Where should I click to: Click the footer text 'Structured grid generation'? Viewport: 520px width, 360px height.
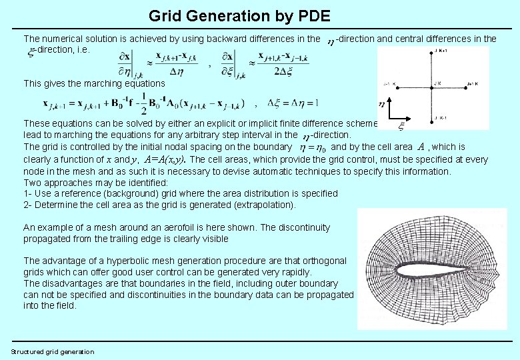click(53, 352)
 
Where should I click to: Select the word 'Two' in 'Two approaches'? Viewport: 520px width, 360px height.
click(32, 182)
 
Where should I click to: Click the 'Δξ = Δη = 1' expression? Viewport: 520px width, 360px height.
click(293, 103)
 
